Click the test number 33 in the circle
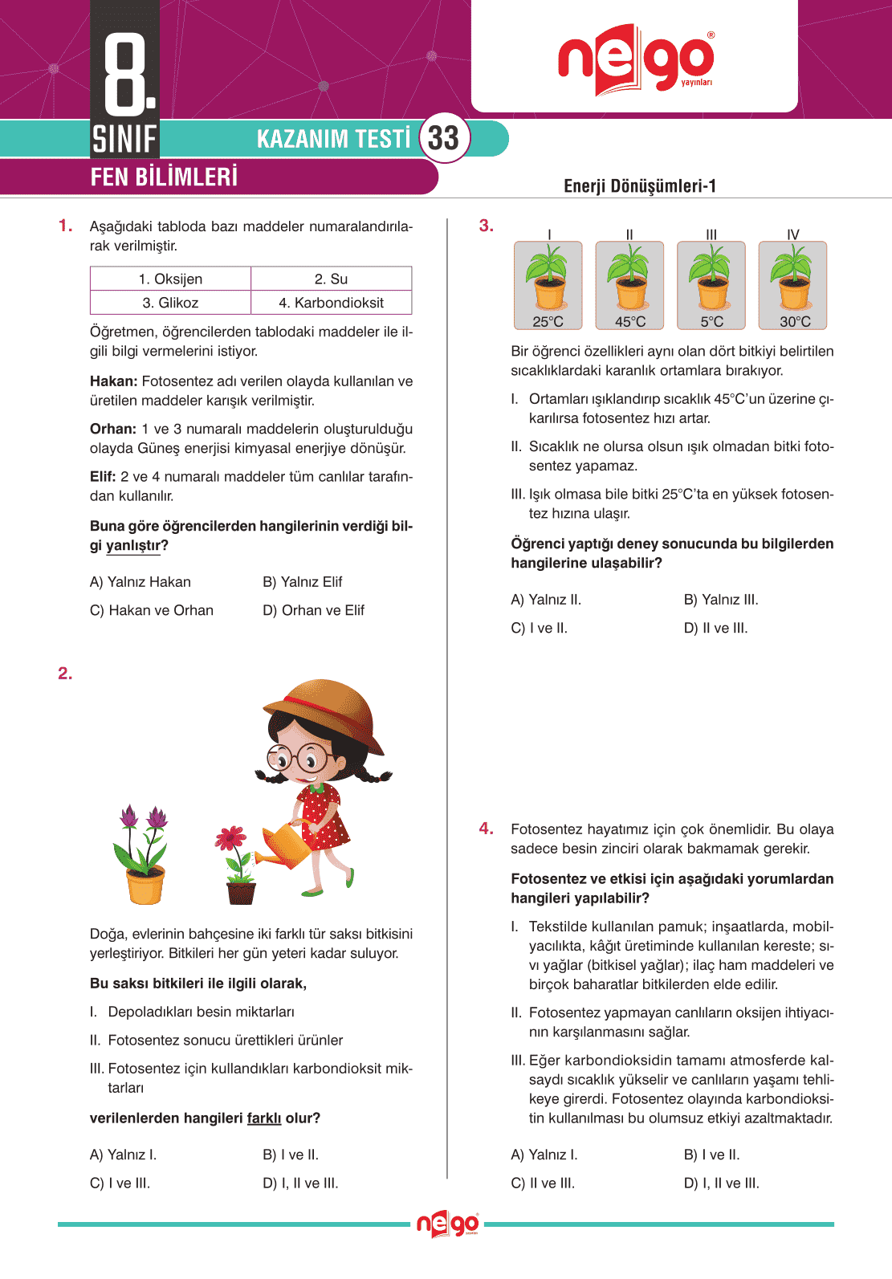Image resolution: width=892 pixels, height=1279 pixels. point(443,138)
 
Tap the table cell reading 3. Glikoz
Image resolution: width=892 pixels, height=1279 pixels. point(170,303)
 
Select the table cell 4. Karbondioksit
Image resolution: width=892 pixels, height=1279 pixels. point(331,303)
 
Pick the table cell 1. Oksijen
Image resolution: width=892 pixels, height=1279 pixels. point(170,279)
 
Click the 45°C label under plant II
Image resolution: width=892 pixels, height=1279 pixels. point(630,321)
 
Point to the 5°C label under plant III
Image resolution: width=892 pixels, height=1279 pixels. point(711,321)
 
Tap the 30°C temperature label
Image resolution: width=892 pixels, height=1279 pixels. point(795,321)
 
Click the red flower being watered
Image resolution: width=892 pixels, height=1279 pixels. point(231,838)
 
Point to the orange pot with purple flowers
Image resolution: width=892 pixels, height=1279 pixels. point(145,883)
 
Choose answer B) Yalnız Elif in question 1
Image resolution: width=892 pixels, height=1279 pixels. point(303,582)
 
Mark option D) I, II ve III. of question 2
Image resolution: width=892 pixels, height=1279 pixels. point(301,1183)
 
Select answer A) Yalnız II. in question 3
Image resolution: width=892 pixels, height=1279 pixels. point(546,600)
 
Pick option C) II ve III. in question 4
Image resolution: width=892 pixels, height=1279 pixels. point(543,1183)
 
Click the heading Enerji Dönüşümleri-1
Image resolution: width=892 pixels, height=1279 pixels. point(640,186)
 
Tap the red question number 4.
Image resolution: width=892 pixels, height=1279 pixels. point(486,828)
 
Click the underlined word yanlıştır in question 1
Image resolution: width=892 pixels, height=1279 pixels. point(133,546)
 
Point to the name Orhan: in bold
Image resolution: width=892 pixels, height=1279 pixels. point(112,429)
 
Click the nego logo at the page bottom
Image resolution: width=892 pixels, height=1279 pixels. point(447,1224)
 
